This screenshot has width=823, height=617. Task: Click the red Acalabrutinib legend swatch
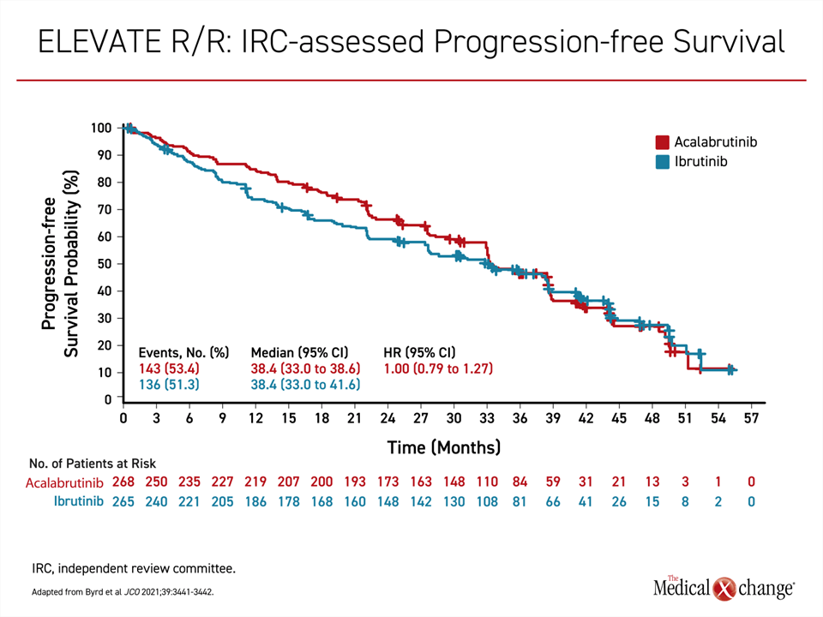pos(662,142)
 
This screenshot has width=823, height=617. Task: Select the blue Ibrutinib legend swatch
pos(662,162)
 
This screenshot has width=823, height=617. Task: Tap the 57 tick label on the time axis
pos(751,418)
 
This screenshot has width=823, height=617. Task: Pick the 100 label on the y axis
pos(101,128)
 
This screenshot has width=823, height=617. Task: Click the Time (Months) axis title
pos(444,447)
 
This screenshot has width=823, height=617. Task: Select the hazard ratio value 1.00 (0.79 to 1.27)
pos(438,368)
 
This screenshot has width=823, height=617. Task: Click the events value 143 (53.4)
pos(169,368)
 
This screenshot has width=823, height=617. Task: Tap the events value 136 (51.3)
pos(169,385)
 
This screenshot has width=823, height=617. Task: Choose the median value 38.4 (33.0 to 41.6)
pos(305,385)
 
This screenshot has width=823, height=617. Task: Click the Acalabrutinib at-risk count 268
pos(123,482)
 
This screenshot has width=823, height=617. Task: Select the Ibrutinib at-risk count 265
pos(123,501)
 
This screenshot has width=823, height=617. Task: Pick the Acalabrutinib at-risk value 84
pos(520,482)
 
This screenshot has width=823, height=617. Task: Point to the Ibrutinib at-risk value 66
pos(553,501)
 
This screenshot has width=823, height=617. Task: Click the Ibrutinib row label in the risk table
pos(79,501)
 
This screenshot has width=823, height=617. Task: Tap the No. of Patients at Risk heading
pos(93,464)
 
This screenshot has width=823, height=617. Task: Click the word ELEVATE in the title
pos(99,41)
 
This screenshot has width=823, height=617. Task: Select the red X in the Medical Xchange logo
pos(725,589)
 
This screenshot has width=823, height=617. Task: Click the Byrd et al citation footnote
pos(123,592)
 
